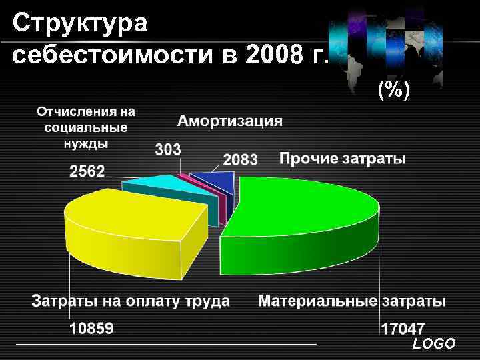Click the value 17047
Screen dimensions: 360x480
403,329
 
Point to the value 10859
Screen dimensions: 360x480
92,328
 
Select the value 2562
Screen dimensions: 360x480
87,171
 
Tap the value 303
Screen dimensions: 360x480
168,150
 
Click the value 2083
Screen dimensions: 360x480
240,160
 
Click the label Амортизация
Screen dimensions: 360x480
229,121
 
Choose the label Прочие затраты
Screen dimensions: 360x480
342,159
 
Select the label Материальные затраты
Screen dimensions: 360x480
352,301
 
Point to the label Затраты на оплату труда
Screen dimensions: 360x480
131,301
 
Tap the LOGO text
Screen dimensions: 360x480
434,344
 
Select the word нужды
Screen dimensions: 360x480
85,143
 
